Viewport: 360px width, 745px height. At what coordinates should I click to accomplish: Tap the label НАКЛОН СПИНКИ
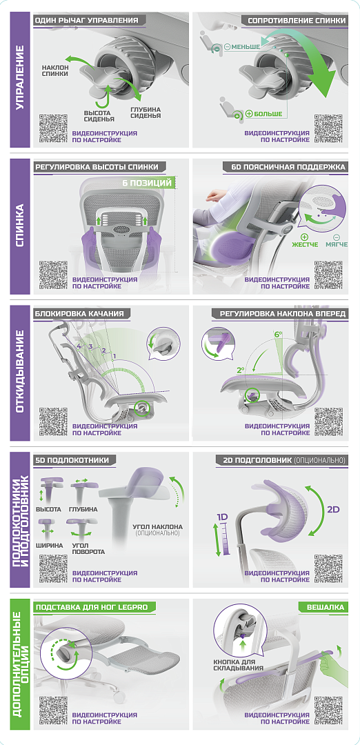tap(54, 71)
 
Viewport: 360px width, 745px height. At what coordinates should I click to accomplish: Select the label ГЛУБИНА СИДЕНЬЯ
tap(146, 112)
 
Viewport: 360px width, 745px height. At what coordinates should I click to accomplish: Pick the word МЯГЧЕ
tap(337, 244)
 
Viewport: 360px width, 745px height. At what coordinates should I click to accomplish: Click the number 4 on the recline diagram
tap(79, 346)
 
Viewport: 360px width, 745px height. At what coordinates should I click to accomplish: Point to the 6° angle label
tap(278, 335)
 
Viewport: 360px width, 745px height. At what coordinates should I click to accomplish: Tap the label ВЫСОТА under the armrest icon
tap(48, 509)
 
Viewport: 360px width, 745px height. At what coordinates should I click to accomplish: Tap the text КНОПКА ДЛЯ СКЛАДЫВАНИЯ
tap(239, 665)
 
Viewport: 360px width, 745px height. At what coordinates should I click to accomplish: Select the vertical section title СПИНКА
tap(21, 226)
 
